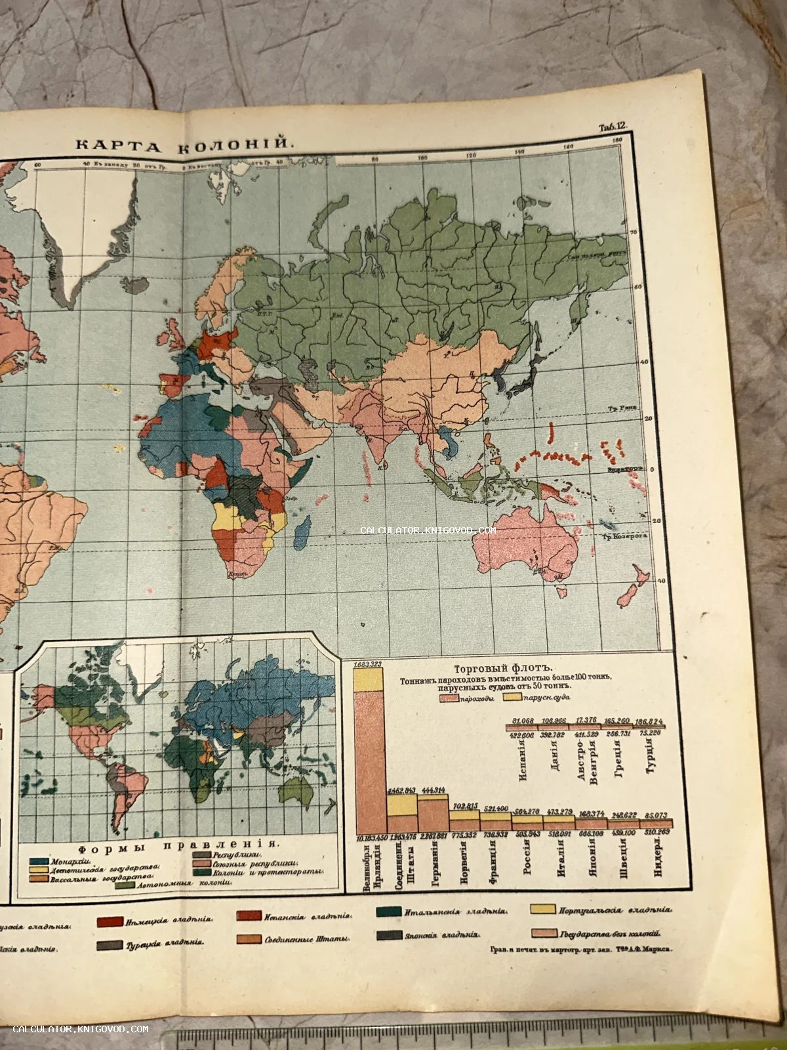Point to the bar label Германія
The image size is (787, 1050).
pos(432,860)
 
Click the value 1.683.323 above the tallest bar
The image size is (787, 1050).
pos(368,665)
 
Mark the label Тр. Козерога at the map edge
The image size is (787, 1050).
pos(627,536)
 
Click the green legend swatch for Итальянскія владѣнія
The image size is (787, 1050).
pos(390,912)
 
